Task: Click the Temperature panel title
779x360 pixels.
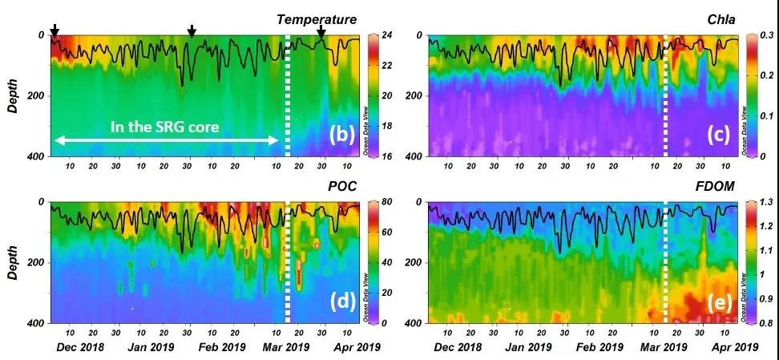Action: click(x=317, y=19)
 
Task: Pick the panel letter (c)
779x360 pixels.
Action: click(x=716, y=135)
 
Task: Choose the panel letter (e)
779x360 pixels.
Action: click(x=716, y=302)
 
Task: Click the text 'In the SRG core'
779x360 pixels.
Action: click(x=165, y=126)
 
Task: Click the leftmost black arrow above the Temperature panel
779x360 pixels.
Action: click(x=54, y=30)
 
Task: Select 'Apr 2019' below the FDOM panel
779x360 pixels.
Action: click(x=735, y=347)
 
